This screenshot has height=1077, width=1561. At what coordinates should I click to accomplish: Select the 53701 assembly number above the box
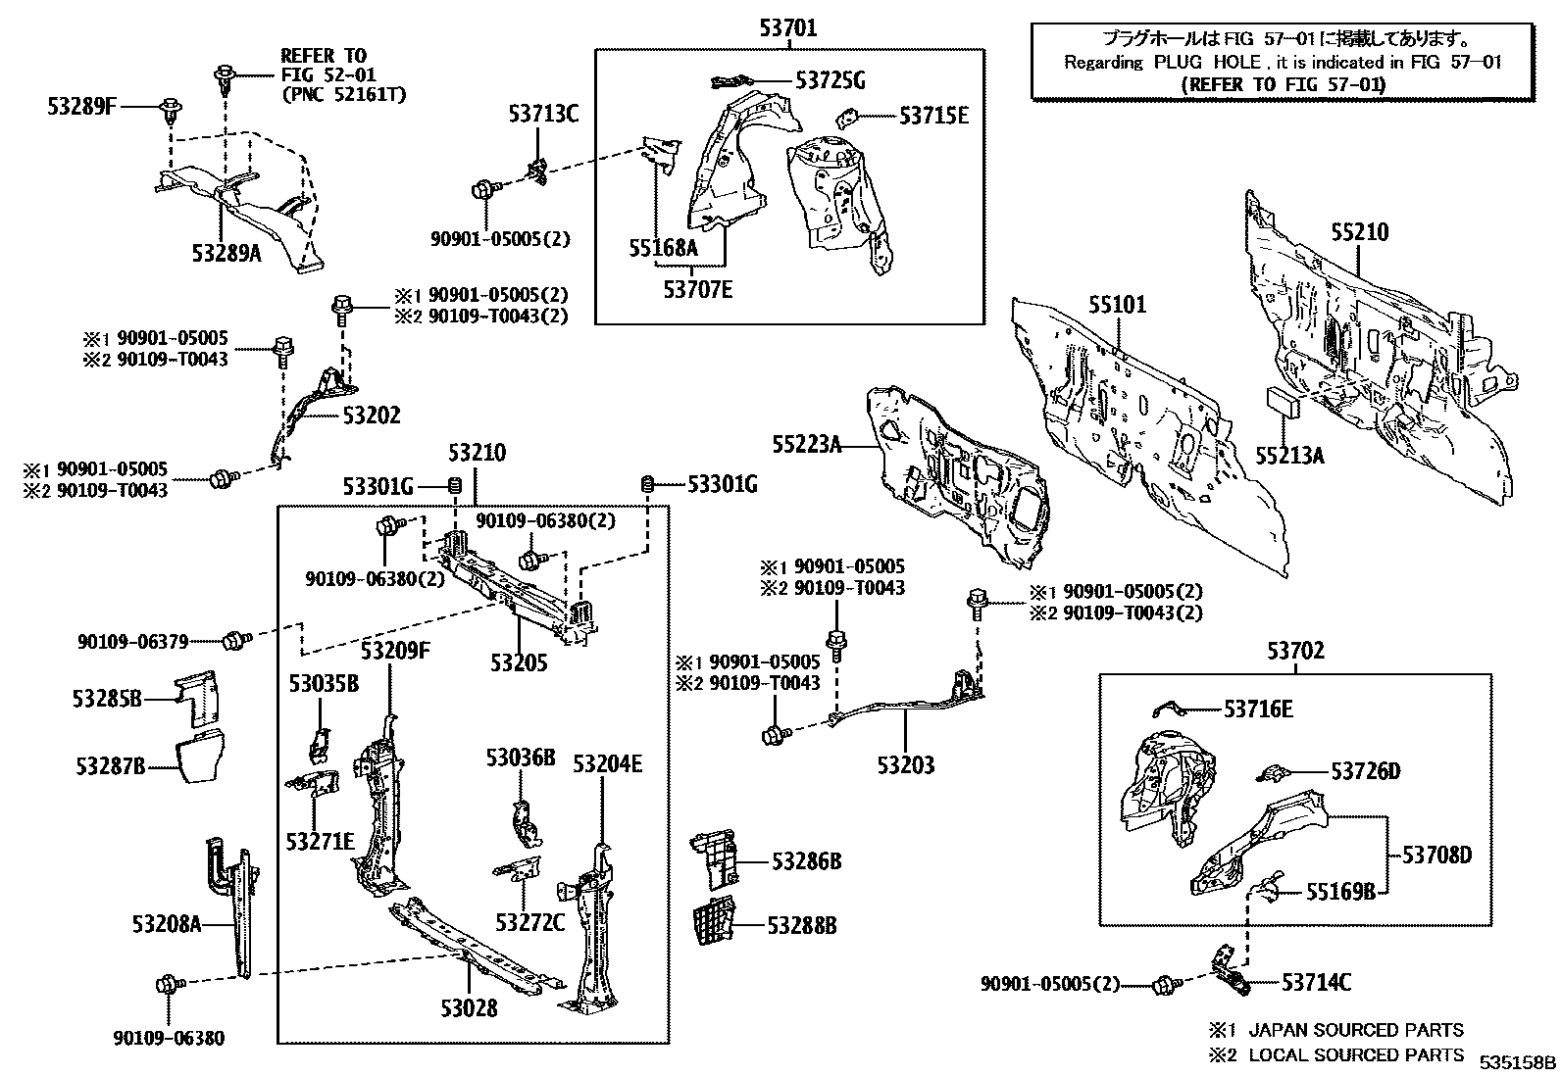pyautogui.click(x=787, y=28)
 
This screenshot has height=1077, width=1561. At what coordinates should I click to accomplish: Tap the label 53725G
pyautogui.click(x=830, y=80)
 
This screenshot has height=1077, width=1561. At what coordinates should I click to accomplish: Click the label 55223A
pyautogui.click(x=807, y=445)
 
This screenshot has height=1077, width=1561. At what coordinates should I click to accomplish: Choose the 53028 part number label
pyautogui.click(x=468, y=1008)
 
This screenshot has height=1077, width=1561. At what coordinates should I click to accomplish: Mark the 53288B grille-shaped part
pyautogui.click(x=715, y=925)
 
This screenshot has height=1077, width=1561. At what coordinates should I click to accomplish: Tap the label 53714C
pyautogui.click(x=1316, y=982)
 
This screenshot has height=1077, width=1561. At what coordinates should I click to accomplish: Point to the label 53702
pyautogui.click(x=1294, y=651)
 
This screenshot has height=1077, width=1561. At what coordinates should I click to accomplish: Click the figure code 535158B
pyautogui.click(x=1517, y=1061)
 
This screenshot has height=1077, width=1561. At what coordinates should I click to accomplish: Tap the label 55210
pyautogui.click(x=1359, y=232)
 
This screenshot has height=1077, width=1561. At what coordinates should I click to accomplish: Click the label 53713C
pyautogui.click(x=543, y=114)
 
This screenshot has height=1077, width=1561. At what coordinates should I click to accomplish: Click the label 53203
pyautogui.click(x=906, y=765)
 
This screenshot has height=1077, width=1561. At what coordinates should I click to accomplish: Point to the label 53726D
pyautogui.click(x=1365, y=771)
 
